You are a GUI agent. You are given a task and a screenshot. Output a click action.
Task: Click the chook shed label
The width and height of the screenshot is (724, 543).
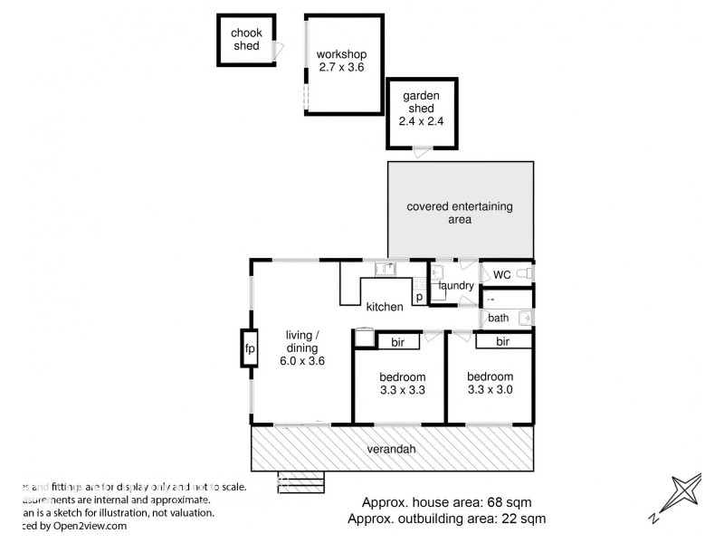click(246, 40)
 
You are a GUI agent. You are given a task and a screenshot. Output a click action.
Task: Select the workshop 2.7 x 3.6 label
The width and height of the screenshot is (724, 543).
click(340, 60)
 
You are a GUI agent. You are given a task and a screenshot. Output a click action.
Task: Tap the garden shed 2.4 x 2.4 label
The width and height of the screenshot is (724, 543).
click(421, 109)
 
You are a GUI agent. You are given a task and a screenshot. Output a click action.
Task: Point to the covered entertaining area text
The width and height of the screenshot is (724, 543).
click(460, 213)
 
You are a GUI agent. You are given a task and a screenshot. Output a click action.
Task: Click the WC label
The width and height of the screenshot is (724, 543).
click(502, 274)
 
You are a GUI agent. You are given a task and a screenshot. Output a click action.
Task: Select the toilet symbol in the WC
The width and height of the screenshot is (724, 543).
click(526, 273)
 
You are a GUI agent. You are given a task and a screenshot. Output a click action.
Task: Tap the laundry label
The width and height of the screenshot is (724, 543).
click(456, 286)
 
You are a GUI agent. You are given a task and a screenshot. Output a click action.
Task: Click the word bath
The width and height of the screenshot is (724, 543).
click(499, 318)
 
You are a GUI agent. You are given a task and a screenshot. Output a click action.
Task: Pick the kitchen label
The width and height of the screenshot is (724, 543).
click(385, 307)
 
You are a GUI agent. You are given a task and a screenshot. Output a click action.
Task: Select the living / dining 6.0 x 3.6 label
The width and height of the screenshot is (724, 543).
click(302, 347)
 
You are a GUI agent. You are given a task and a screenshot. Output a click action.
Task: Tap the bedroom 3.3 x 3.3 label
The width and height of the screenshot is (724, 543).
click(403, 384)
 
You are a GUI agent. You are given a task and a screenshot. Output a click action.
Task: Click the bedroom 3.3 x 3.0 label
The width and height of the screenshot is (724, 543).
click(490, 383)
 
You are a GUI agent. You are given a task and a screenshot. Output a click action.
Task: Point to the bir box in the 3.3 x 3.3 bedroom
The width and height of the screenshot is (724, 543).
click(397, 342)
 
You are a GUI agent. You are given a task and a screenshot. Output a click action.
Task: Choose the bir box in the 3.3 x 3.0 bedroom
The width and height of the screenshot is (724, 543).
click(502, 341)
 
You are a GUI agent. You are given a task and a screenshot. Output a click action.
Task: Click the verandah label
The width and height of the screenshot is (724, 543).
click(392, 449)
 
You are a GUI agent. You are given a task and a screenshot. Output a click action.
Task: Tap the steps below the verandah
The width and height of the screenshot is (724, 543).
click(300, 481)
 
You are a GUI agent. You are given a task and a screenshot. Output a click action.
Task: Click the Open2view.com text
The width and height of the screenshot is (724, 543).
click(78, 525)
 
